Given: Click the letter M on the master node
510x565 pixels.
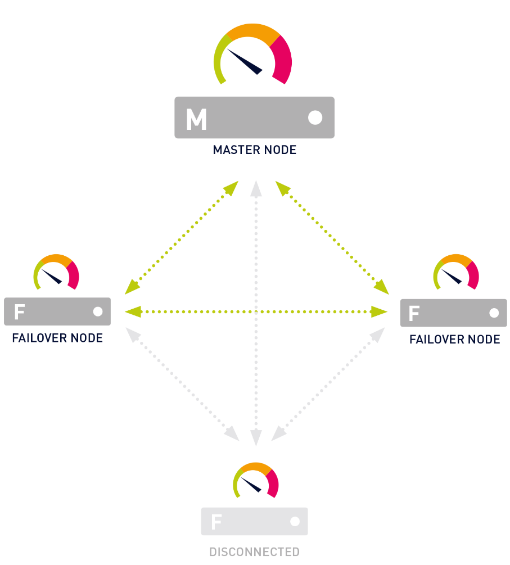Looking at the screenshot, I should click(196, 119).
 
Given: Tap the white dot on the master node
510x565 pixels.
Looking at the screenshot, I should click(315, 117).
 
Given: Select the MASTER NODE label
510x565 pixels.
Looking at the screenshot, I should click(254, 150).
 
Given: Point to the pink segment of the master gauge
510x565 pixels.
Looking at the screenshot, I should click(282, 59).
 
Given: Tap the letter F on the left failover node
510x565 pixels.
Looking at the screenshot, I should click(20, 311).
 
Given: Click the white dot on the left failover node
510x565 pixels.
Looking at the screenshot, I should click(98, 311).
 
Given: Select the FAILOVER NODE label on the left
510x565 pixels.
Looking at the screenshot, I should click(57, 338).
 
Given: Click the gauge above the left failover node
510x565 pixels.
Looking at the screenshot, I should click(56, 272).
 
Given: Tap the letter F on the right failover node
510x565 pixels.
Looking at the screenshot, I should click(414, 313).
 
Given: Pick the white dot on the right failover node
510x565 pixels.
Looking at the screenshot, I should click(494, 313).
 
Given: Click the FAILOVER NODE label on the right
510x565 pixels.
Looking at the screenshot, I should click(454, 340).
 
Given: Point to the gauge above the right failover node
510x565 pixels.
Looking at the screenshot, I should click(456, 272).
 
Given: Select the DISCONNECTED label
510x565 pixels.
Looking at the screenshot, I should click(254, 552).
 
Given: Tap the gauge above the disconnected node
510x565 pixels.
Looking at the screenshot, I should click(256, 480).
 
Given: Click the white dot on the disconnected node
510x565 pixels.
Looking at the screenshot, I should click(295, 522).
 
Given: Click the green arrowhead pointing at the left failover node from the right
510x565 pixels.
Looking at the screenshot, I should click(132, 311).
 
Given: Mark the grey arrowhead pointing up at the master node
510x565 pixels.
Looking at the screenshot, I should click(256, 188).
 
